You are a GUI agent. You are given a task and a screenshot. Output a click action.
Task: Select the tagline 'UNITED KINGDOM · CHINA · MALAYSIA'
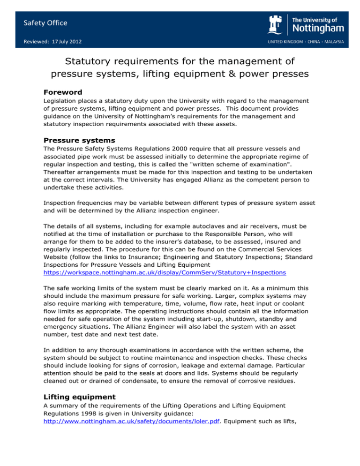point(306,42)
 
